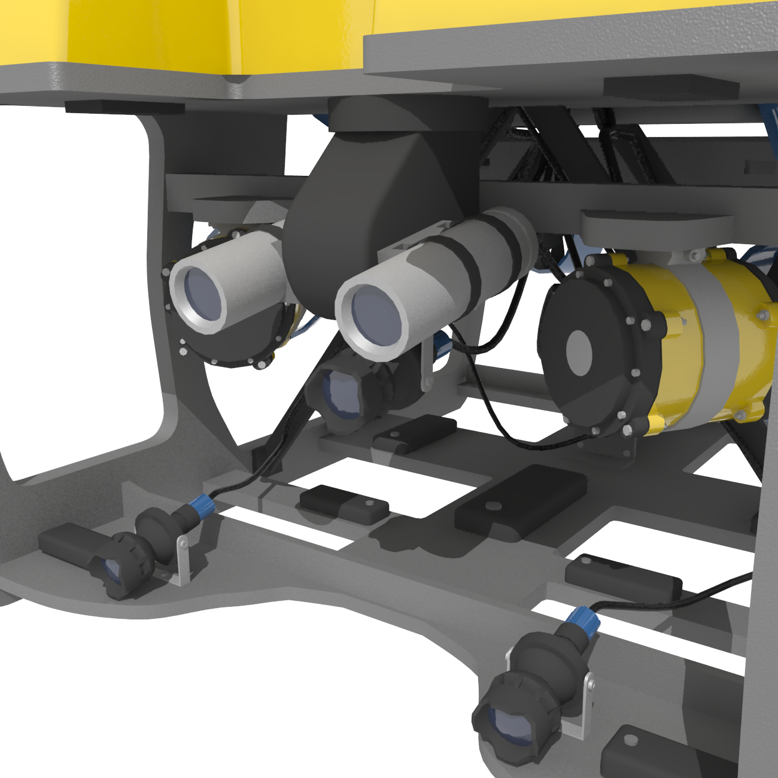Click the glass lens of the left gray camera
click(x=202, y=293)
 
